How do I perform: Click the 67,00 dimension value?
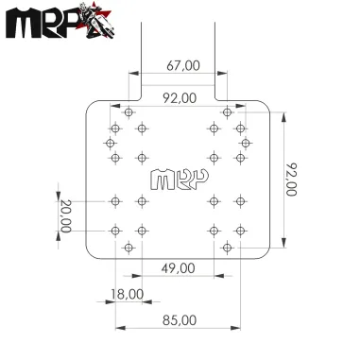point(182,65)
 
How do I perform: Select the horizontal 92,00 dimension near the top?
point(180,97)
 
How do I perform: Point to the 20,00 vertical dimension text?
point(64,216)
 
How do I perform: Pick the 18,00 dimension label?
point(127,295)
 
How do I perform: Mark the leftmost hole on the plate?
point(110,143)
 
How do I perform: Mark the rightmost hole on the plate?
point(247,143)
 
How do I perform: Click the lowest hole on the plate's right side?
point(227,247)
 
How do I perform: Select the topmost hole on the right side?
point(227,111)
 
